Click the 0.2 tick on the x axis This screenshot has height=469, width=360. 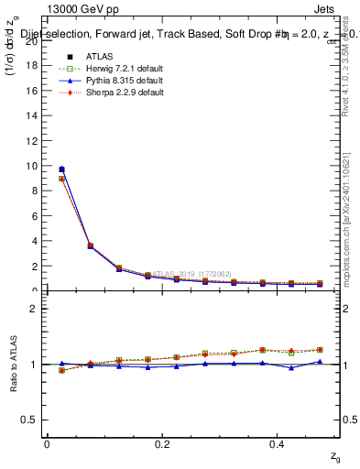click(162, 443)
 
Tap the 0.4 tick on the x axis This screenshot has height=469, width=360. click(278, 443)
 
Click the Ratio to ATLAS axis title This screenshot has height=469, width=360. click(12, 365)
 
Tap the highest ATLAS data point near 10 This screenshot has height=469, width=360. click(61, 169)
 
